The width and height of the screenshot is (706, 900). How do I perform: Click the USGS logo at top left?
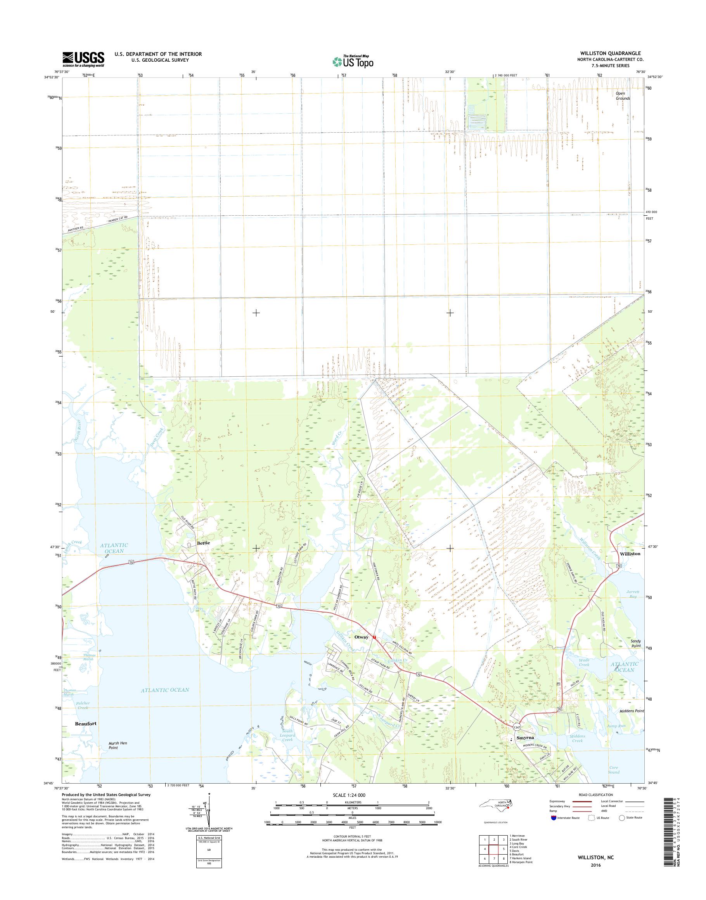coord(83,59)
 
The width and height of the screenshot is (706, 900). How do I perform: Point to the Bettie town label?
coord(203,543)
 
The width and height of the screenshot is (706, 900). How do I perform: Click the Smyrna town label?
coord(524,737)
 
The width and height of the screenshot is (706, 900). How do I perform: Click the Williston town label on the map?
coord(629,554)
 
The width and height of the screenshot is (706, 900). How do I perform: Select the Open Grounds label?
coord(623,96)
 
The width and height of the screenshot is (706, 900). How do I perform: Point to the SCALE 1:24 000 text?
coord(349,795)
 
